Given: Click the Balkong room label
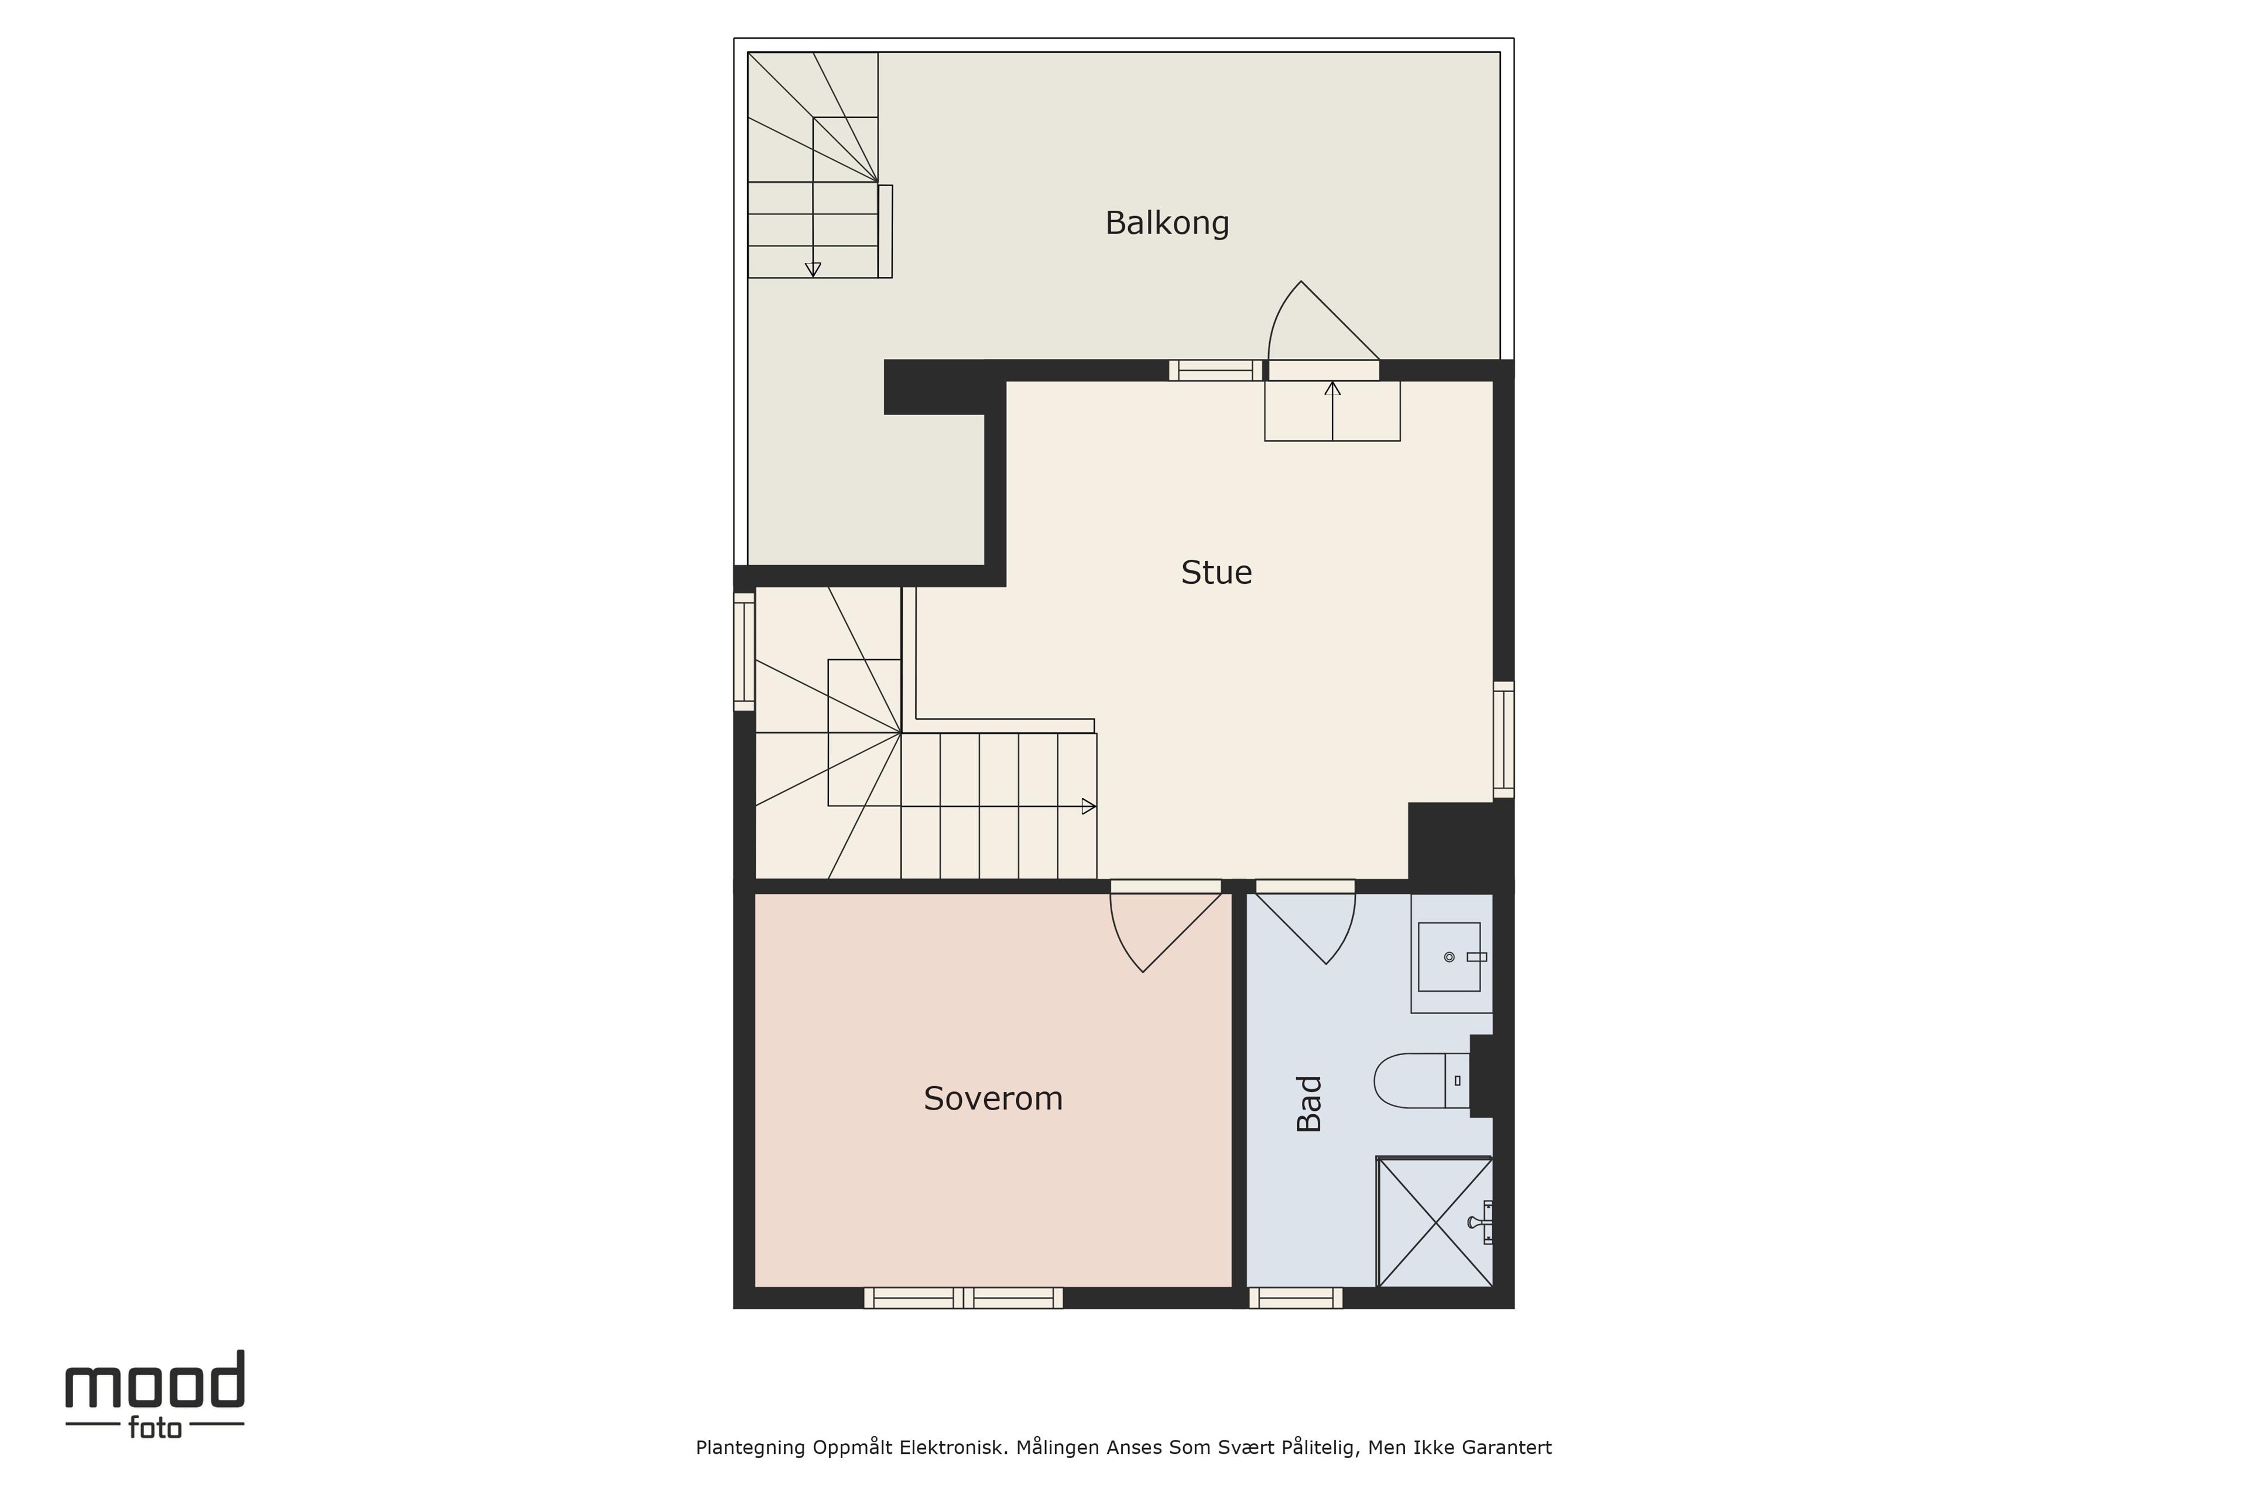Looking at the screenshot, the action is click(x=1167, y=223).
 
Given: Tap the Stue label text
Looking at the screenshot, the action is click(x=1216, y=573).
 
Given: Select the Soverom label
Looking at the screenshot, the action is click(x=993, y=1098).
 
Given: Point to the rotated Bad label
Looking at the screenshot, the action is click(x=1308, y=1103).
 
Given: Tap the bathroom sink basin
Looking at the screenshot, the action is click(x=1449, y=957).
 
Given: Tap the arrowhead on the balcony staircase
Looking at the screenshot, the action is click(x=813, y=269).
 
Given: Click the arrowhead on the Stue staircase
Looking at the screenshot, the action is click(x=1089, y=806).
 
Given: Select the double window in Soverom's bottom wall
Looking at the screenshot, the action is click(x=964, y=1298).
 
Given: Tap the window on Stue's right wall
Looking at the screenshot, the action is click(x=1503, y=739).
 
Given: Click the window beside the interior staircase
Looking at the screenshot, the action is click(x=745, y=651).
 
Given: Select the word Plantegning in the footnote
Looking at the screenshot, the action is click(x=751, y=1448).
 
